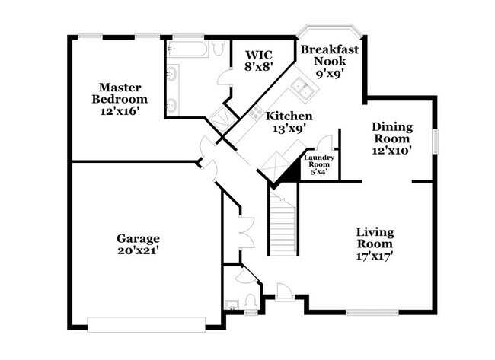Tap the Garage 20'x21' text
coord(137,243)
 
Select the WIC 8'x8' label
coord(258,60)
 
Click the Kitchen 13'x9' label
coord(288,122)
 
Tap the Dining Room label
coord(392,139)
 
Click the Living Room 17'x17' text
coord(375,243)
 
